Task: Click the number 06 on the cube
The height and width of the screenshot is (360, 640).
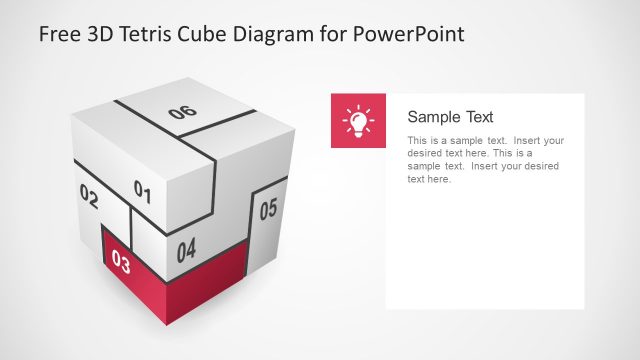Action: [183, 113]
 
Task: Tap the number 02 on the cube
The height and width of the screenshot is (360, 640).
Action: [88, 197]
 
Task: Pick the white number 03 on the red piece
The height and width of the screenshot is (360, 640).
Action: [121, 263]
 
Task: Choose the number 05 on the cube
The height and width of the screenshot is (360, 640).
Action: [268, 210]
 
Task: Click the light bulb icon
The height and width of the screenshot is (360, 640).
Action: [358, 121]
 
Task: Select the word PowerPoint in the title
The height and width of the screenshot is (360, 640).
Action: [411, 35]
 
